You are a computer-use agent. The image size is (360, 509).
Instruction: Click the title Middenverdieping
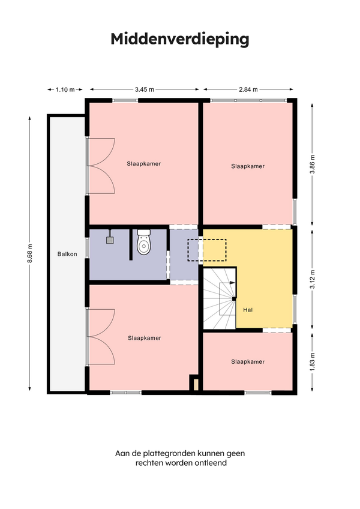coord(180,39)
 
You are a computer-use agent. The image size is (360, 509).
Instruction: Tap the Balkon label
coord(67,254)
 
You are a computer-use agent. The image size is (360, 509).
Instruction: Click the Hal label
coord(248,310)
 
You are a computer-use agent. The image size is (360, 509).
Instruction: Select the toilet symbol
coord(143,242)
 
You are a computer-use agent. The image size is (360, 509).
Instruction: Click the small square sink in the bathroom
coord(110,240)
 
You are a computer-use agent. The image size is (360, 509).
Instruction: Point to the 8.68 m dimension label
coord(30,254)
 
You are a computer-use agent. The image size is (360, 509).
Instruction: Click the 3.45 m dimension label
coord(145,89)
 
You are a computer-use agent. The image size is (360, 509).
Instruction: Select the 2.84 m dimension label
coord(248,89)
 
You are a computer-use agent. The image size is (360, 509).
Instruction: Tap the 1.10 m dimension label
coord(65,89)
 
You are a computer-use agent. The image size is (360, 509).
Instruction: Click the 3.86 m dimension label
coord(312,164)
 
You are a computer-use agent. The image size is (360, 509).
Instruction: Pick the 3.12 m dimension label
coord(312,279)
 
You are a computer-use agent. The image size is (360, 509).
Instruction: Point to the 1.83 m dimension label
coord(312,362)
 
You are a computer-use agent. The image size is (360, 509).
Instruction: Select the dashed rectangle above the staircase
coord(207,250)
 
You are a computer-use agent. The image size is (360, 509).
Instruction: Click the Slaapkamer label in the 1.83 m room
coord(248,361)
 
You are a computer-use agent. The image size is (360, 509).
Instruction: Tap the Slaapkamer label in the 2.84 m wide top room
coord(248,166)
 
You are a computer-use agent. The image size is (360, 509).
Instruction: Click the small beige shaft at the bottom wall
coord(196,385)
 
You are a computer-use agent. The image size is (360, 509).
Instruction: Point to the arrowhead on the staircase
coord(232,283)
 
